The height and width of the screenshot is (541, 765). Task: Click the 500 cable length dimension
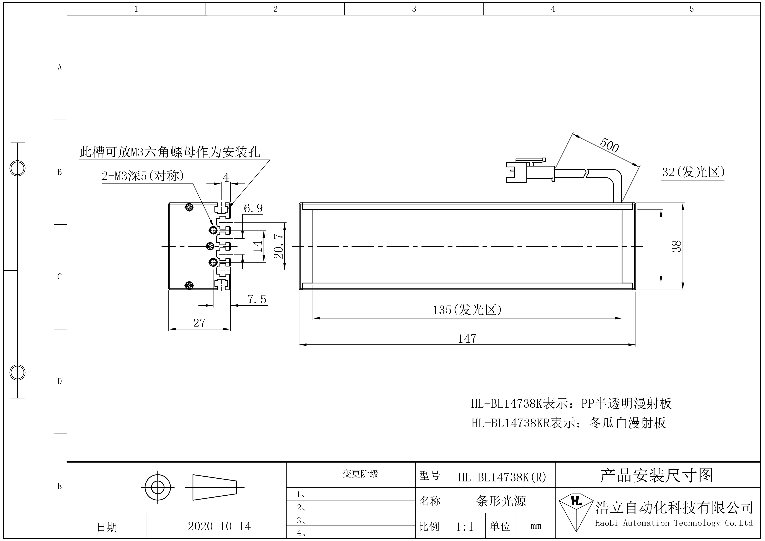tap(609, 146)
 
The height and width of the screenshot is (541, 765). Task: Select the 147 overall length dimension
tap(467, 339)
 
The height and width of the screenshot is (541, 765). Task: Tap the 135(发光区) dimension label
tap(467, 310)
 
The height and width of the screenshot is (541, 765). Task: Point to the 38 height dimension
tap(677, 246)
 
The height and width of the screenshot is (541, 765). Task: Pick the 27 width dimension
tap(199, 323)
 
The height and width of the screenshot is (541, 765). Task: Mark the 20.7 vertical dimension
tap(278, 246)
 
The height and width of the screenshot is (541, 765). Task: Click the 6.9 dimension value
tap(253, 208)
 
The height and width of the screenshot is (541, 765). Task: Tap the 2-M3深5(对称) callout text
tap(143, 176)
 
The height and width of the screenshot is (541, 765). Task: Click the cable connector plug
tap(530, 171)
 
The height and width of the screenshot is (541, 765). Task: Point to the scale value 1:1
tap(464, 527)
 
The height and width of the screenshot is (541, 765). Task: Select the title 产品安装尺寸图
tap(656, 475)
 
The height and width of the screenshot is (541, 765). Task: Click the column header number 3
tap(414, 9)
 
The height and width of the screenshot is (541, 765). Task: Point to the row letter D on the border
tap(60, 381)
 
